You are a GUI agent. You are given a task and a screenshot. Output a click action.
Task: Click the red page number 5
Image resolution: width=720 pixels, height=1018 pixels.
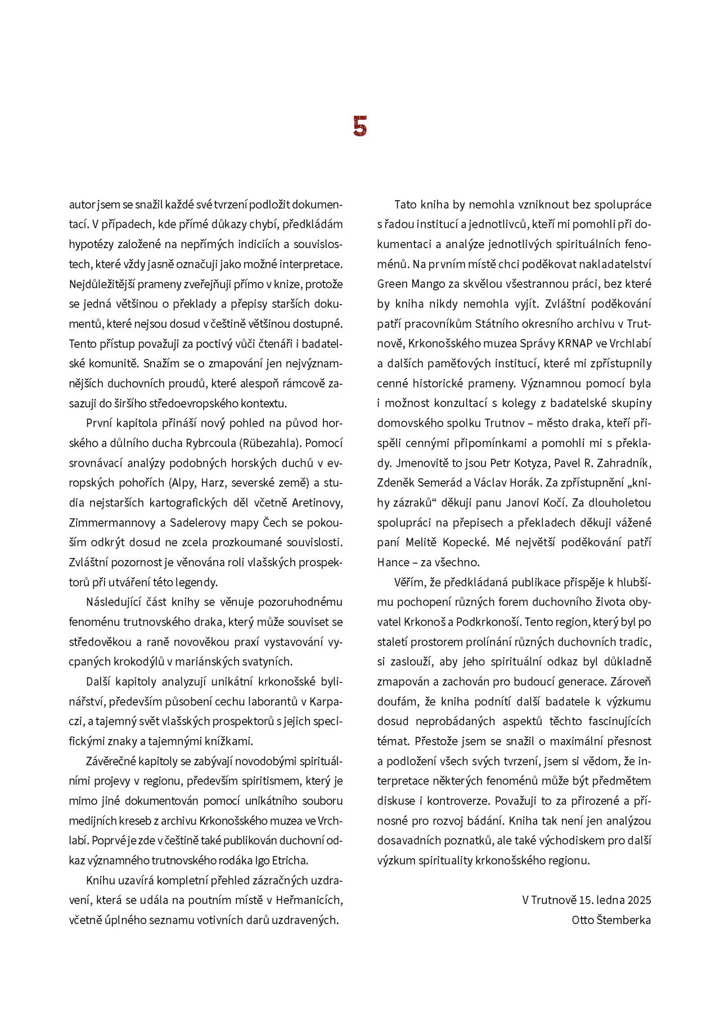pos(360,127)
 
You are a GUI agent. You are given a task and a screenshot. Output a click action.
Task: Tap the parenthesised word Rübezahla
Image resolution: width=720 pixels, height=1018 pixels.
pos(272,443)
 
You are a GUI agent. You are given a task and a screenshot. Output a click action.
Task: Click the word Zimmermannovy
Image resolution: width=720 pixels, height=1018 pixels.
pos(112,522)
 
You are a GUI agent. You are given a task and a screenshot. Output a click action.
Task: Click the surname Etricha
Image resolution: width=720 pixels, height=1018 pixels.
pos(290,860)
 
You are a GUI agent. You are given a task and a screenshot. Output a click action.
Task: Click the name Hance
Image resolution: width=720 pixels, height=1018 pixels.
pos(393,562)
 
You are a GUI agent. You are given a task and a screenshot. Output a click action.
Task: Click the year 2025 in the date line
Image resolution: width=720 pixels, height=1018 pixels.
pos(640,900)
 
